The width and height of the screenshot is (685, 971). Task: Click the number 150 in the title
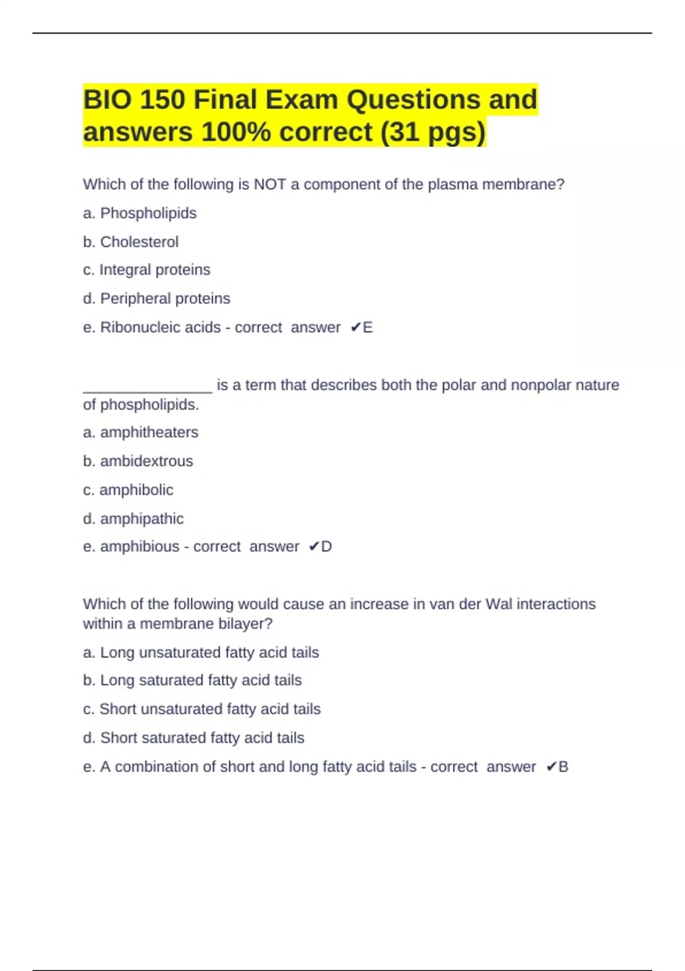pyautogui.click(x=162, y=100)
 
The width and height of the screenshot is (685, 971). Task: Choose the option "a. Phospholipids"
pyautogui.click(x=140, y=213)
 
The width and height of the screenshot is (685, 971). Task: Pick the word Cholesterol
pyautogui.click(x=139, y=242)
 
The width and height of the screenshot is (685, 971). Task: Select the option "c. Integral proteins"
pyautogui.click(x=147, y=270)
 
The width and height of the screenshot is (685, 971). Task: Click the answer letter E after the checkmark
pyautogui.click(x=368, y=327)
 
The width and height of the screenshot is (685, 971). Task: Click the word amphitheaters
pyautogui.click(x=149, y=432)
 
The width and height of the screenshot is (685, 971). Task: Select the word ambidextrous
pyautogui.click(x=147, y=461)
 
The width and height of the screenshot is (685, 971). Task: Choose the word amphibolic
pyautogui.click(x=136, y=490)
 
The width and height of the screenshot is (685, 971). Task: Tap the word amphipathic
pyautogui.click(x=142, y=519)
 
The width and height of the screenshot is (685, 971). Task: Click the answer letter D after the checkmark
pyautogui.click(x=327, y=547)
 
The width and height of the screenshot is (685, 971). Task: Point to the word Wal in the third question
pyautogui.click(x=498, y=604)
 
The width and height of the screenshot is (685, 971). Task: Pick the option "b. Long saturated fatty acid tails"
pyautogui.click(x=192, y=680)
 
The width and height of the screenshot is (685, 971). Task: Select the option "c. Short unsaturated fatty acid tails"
pyautogui.click(x=202, y=709)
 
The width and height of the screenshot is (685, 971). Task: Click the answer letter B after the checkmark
pyautogui.click(x=563, y=767)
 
